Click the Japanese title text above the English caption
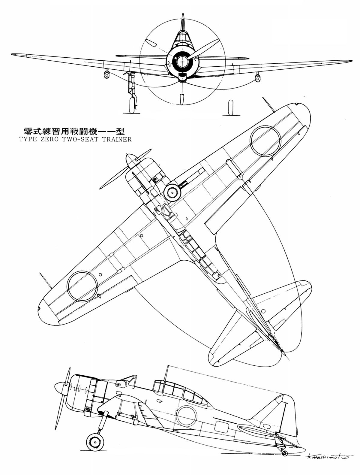click(74, 131)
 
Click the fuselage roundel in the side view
click(187, 416)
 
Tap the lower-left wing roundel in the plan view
click(82, 286)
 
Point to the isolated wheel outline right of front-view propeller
click(230, 107)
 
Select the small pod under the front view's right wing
click(257, 77)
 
